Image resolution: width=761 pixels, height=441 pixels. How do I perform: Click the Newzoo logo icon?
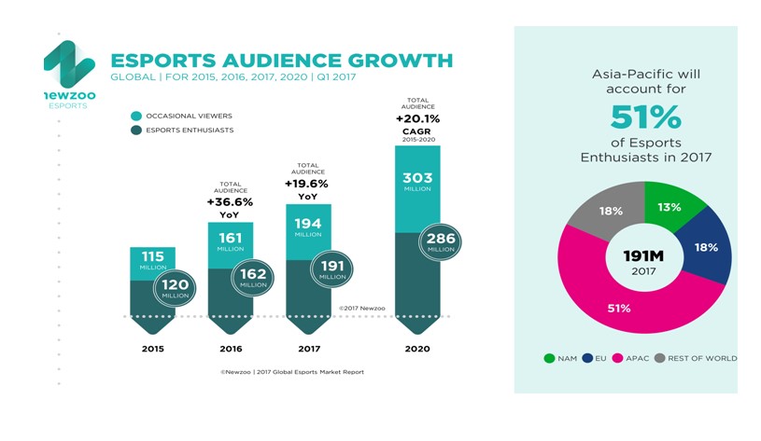tap(68, 64)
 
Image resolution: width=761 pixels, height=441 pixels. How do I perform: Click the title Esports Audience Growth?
tap(281, 61)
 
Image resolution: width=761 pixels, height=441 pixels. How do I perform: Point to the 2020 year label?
tap(416, 349)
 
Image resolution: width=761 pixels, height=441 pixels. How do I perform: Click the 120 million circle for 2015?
tap(175, 287)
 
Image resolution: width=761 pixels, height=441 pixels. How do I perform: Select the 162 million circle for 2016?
tap(254, 277)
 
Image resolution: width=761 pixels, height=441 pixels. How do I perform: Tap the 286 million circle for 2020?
tap(441, 242)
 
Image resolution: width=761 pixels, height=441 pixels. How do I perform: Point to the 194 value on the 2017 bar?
tap(308, 225)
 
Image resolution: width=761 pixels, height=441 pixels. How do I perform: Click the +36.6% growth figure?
tap(230, 201)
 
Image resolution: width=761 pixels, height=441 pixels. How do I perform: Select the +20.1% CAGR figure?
tap(417, 119)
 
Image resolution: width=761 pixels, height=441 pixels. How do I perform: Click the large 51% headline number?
tap(645, 118)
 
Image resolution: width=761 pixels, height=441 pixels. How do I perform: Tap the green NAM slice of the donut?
tap(670, 206)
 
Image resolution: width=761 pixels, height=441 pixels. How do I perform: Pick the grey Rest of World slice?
tap(609, 211)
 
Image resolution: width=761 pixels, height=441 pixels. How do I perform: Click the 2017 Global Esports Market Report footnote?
tap(292, 372)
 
